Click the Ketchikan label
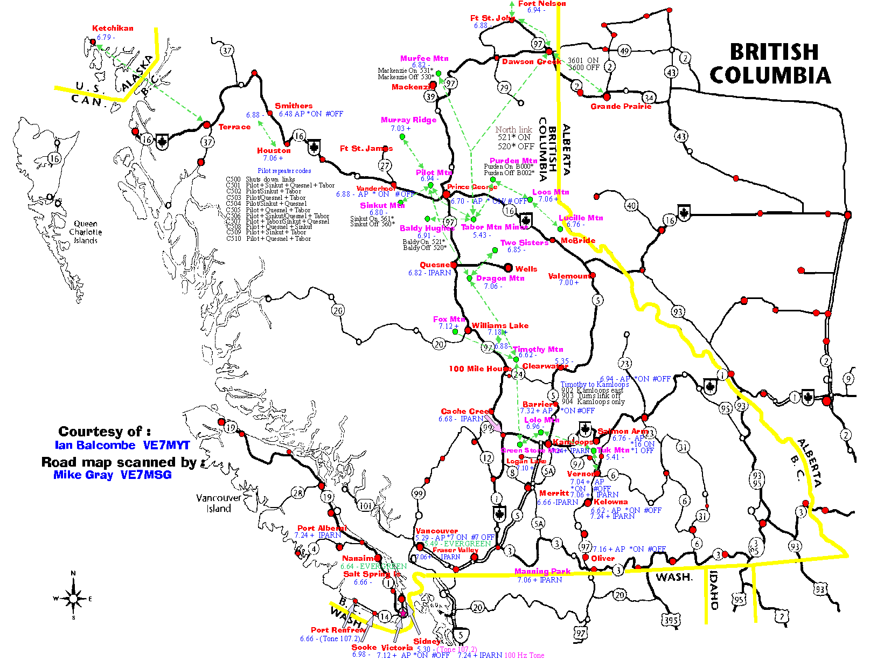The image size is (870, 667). pyautogui.click(x=113, y=28)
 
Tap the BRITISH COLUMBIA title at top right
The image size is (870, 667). pyautogui.click(x=771, y=64)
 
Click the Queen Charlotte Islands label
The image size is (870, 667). pyautogui.click(x=86, y=232)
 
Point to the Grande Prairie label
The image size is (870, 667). pyautogui.click(x=621, y=107)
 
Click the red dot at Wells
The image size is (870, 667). pyautogui.click(x=508, y=267)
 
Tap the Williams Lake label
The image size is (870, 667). pyautogui.click(x=500, y=325)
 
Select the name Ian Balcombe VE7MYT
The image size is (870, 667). pyautogui.click(x=122, y=445)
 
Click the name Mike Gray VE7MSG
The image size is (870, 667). pyautogui.click(x=113, y=475)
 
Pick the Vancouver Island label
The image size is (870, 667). pyautogui.click(x=218, y=503)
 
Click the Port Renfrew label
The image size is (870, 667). pyautogui.click(x=338, y=629)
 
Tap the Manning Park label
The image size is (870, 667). pyautogui.click(x=542, y=571)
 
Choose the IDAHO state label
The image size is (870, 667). pyautogui.click(x=714, y=590)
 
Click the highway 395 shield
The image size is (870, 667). pyautogui.click(x=671, y=620)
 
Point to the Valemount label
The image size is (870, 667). pyautogui.click(x=569, y=276)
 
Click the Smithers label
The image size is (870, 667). pyautogui.click(x=294, y=106)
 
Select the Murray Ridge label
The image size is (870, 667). pyautogui.click(x=408, y=120)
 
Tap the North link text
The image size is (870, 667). pyautogui.click(x=513, y=129)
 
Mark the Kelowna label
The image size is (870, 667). pyautogui.click(x=610, y=502)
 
